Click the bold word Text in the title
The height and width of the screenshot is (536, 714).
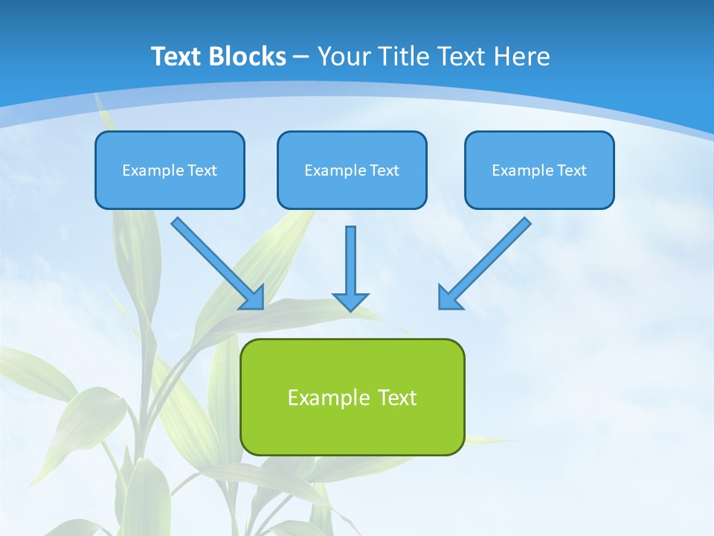pos(177,57)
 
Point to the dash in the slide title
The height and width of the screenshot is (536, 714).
pos(301,57)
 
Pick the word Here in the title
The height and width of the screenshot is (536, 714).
pos(522,57)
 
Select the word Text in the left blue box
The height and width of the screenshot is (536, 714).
pos(202,170)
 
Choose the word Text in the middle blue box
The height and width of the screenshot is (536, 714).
pos(384,170)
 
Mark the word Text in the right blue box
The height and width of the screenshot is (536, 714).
pos(571,170)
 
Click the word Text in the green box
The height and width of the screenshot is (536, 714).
pos(396,398)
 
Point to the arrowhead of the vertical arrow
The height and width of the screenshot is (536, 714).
pos(350,301)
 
